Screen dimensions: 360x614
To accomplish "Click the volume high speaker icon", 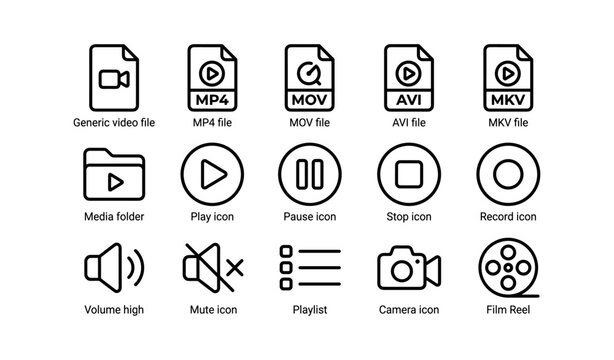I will (x=113, y=268).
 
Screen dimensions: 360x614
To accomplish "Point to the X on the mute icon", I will (x=235, y=268).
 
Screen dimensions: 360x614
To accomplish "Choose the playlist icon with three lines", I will (x=310, y=268).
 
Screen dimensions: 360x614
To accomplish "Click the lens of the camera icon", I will (x=402, y=270).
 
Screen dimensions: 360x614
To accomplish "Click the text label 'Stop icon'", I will (x=408, y=217).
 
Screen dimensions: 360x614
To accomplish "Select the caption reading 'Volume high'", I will (x=113, y=310).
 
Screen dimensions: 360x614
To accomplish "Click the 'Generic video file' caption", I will (x=113, y=123).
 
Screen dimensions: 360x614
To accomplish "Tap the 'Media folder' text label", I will (x=113, y=217).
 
